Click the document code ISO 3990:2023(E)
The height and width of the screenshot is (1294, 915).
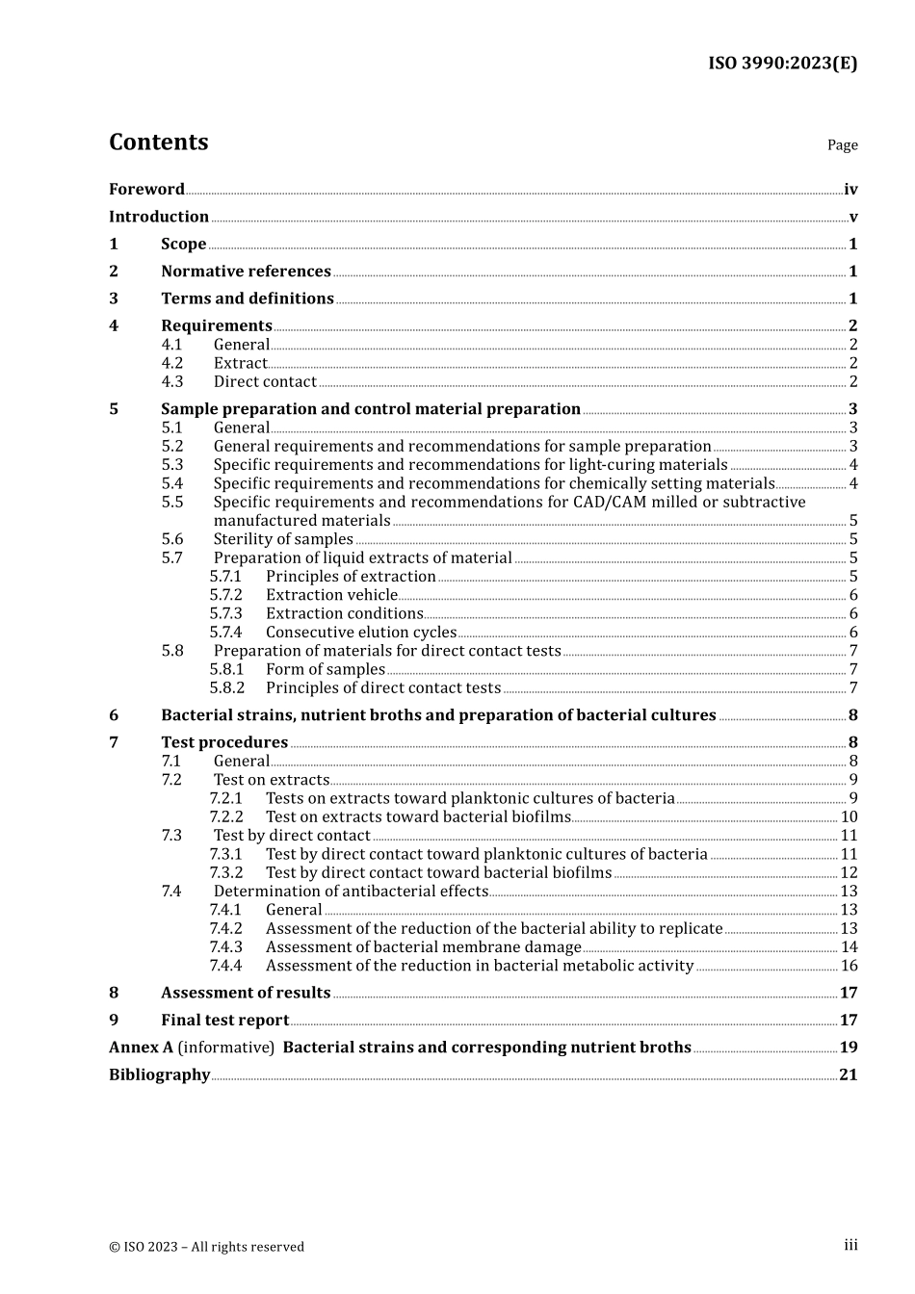coord(782,64)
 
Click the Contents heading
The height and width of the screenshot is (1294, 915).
coord(158,142)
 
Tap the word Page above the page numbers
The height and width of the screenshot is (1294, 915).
coord(842,145)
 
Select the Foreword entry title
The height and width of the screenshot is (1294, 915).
coord(146,190)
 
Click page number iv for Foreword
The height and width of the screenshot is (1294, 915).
coord(850,190)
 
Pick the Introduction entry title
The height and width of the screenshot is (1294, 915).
coord(159,217)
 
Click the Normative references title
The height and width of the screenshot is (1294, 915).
coord(246,272)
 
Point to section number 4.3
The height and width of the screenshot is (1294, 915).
coord(171,382)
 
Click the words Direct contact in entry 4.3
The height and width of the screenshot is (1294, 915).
coord(265,382)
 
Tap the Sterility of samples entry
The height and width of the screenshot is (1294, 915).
coord(283,539)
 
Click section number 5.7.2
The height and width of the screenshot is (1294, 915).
coord(225,595)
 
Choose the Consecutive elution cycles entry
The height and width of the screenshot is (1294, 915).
coord(361,633)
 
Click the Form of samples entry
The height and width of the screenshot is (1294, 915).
coord(326,669)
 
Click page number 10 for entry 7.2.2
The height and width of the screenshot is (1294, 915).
coord(849,817)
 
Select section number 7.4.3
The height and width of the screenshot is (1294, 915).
coord(225,947)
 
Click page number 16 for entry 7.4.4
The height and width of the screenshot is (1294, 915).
coord(849,966)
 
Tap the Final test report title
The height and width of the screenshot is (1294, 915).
coord(224,1021)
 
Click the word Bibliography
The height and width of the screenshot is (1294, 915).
coord(159,1074)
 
